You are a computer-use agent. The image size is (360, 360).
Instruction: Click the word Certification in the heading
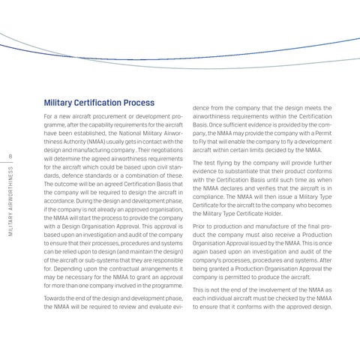[104, 102]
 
